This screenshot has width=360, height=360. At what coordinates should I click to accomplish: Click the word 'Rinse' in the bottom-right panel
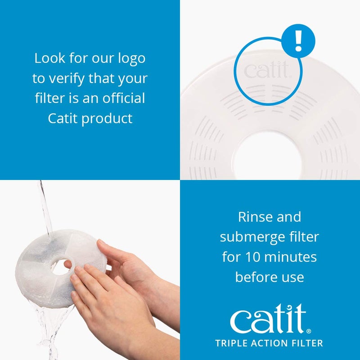pos(253,217)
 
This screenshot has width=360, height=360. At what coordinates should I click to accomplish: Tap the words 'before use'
pos(269,277)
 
